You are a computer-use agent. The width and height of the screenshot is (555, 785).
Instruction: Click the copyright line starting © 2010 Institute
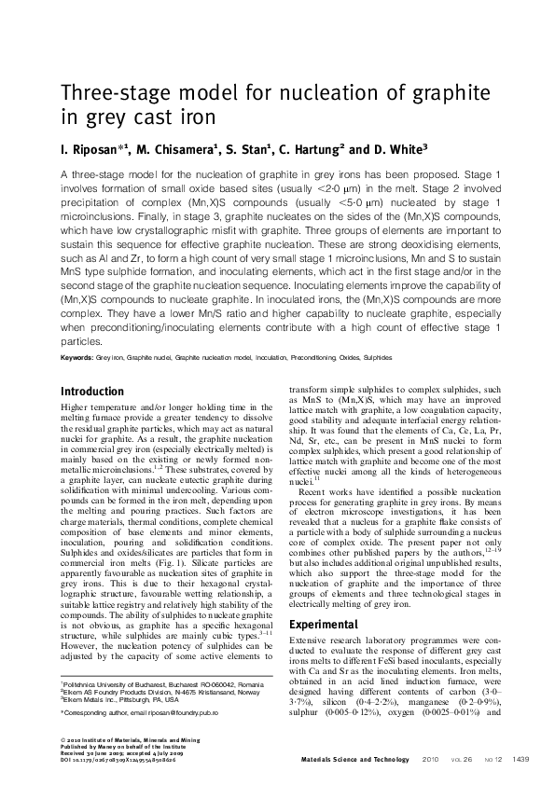[x=123, y=738]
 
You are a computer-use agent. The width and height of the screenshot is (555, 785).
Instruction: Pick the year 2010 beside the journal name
[x=430, y=760]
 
